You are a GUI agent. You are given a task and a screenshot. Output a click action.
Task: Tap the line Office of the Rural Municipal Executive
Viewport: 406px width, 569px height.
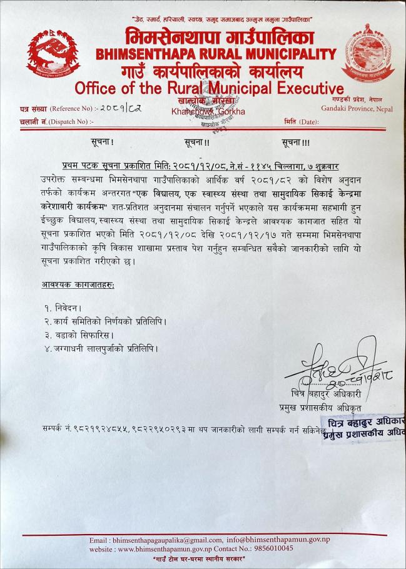[x=208, y=88]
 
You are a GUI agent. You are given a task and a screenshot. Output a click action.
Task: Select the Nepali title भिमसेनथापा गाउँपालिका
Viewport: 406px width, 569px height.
[x=210, y=36]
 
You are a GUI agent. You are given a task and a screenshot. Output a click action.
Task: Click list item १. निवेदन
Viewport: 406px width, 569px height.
[x=63, y=308]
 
